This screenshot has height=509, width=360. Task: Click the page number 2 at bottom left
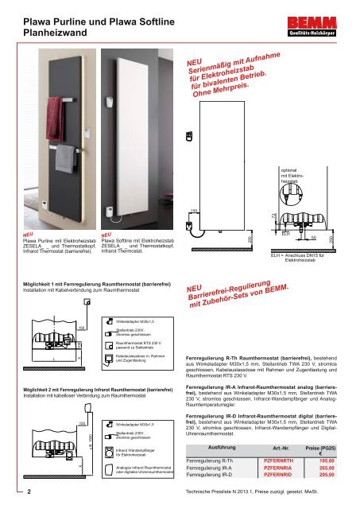29,492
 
